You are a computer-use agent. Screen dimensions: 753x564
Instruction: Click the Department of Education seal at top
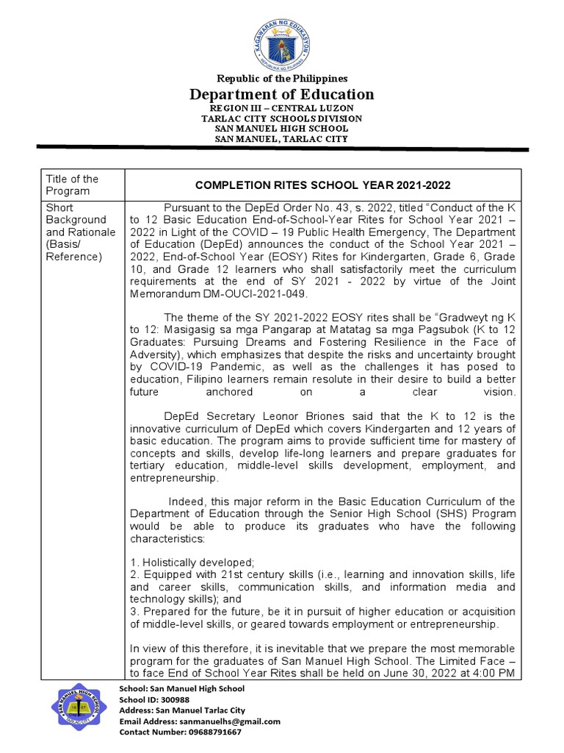[x=282, y=38]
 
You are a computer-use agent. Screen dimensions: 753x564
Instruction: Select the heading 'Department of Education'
[x=282, y=94]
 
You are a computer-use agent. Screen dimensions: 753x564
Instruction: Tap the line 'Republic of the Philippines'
[x=282, y=78]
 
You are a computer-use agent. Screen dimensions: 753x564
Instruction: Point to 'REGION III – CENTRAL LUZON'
[x=282, y=108]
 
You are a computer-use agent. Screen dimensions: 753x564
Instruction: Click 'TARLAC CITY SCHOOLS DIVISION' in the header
[x=282, y=118]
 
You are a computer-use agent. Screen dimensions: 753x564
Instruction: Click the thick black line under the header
[x=282, y=150]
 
